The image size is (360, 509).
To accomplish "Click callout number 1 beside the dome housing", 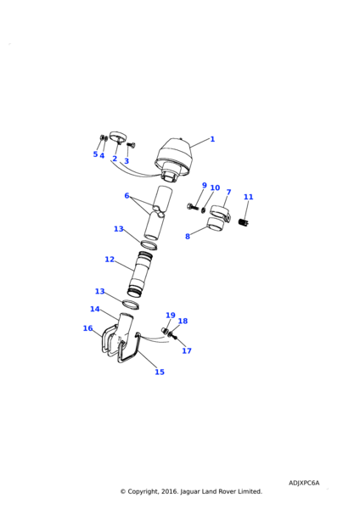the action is [x=212, y=139].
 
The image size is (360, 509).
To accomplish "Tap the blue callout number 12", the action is [x=110, y=260].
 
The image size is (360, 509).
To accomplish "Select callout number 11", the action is [x=248, y=197].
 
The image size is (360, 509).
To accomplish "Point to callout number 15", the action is [x=160, y=372].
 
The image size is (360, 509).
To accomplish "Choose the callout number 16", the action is [x=87, y=328].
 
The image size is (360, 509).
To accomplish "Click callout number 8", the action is [x=188, y=237].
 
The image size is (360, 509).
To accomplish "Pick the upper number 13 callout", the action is [x=119, y=229].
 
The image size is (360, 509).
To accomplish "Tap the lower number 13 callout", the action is [x=99, y=292].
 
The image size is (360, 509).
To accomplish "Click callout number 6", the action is [x=127, y=196].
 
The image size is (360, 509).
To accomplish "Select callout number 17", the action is [x=187, y=351].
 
